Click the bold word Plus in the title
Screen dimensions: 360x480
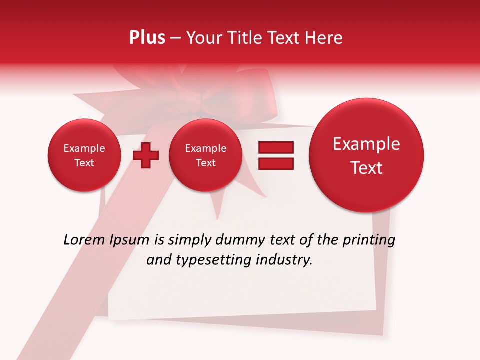tap(147, 38)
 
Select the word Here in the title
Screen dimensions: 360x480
tap(323, 38)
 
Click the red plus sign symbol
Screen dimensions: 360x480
tap(146, 155)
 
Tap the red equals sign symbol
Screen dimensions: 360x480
tap(276, 155)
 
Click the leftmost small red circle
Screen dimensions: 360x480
tap(84, 155)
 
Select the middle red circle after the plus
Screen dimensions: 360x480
tap(206, 155)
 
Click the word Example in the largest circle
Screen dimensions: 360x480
tap(366, 144)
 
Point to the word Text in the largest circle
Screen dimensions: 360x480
tap(366, 168)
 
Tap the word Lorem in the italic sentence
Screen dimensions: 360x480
tap(82, 240)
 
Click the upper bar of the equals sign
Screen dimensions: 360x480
tap(276, 147)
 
